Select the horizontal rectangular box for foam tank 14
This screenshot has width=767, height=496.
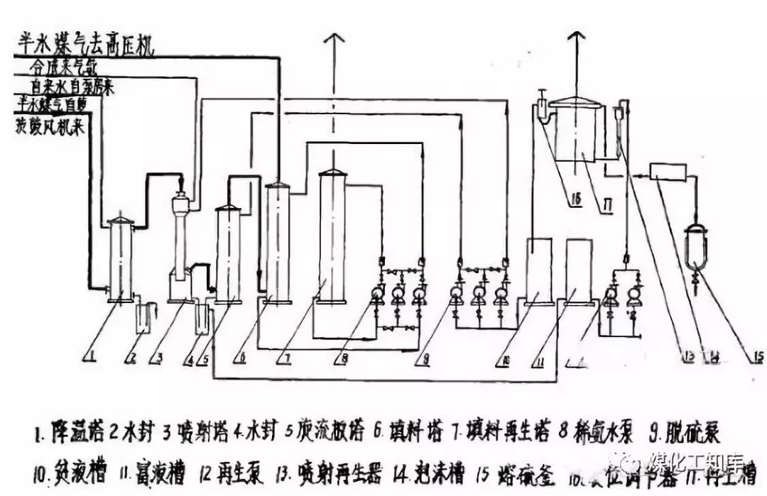668,172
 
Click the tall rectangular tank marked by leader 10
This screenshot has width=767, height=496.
540,271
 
